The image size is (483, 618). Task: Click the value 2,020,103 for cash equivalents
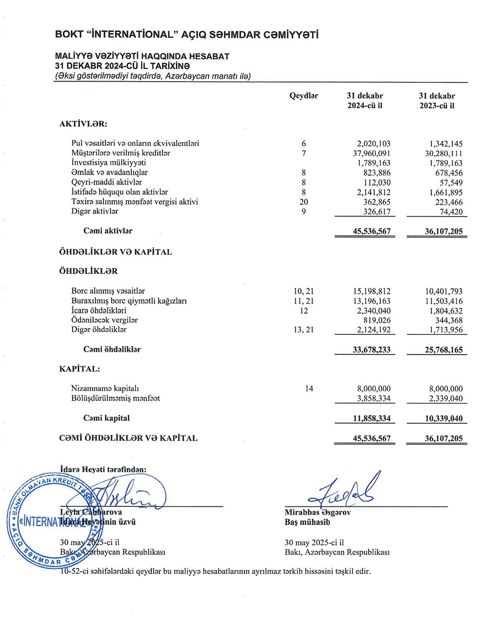pos(373,144)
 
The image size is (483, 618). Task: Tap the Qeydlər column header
pos(304,96)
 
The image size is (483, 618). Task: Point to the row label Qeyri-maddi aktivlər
pos(106,182)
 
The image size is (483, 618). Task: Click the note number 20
pos(304,202)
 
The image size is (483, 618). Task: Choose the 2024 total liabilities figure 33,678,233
pos(371,350)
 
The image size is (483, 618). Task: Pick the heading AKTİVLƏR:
pos(83,124)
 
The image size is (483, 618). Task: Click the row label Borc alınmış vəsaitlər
pos(108,291)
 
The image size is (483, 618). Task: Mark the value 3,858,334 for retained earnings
pos(373,399)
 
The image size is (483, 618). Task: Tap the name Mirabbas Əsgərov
pos(317,512)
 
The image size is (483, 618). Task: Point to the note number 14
pos(309,388)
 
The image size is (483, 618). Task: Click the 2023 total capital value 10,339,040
pos(443,418)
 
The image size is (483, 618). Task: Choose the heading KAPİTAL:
pos(80,369)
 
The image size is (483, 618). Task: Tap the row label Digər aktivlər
pos(95,211)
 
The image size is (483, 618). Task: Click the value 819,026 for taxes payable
pos(377,320)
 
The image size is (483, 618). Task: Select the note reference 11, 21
pos(304,301)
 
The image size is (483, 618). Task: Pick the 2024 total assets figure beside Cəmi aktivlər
pos(371,231)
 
